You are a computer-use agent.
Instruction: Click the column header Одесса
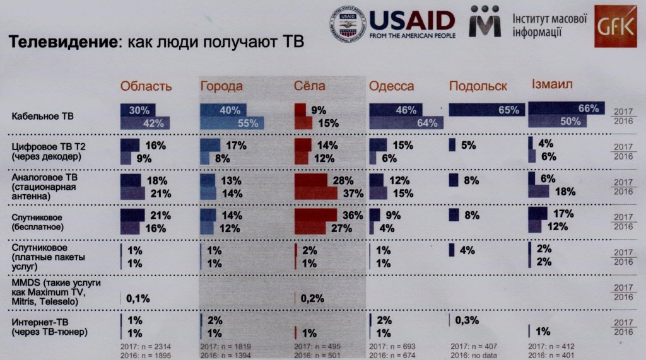tap(391, 86)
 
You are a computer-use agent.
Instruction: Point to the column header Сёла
tap(310, 86)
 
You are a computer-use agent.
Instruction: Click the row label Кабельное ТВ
tap(38, 116)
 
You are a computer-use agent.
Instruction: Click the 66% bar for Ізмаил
tap(566, 108)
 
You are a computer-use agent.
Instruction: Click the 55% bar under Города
tap(233, 123)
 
